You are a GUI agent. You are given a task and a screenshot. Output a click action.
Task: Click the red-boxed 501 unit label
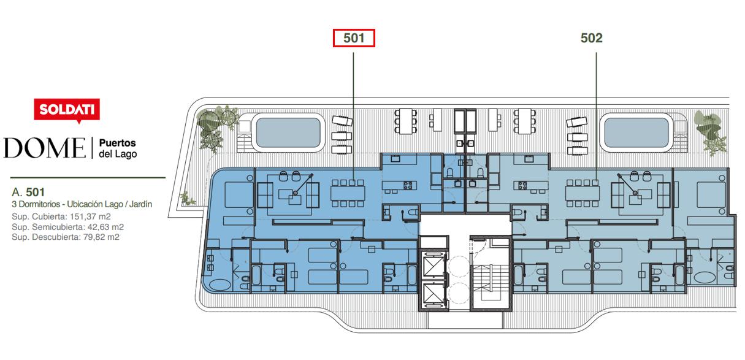354,38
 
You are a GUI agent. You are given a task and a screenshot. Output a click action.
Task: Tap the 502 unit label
591,38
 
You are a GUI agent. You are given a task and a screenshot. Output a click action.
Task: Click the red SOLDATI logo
67,110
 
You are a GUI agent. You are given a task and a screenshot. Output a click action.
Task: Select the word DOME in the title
44,148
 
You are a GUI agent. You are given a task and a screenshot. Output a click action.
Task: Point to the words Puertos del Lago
118,148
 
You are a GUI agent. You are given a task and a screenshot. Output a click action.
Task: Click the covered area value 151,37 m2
90,216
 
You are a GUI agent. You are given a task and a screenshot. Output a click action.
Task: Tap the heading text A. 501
28,192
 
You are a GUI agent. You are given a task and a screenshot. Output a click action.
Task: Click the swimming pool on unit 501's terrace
288,132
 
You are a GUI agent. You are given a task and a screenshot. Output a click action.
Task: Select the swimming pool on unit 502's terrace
636,132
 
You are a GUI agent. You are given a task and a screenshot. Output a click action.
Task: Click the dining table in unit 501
348,193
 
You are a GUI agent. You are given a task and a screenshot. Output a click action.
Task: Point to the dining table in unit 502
583,193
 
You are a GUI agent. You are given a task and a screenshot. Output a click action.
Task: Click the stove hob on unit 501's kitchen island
408,185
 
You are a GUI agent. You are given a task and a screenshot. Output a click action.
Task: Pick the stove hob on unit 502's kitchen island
522,185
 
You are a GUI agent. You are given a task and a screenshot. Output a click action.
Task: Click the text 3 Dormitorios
36,204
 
